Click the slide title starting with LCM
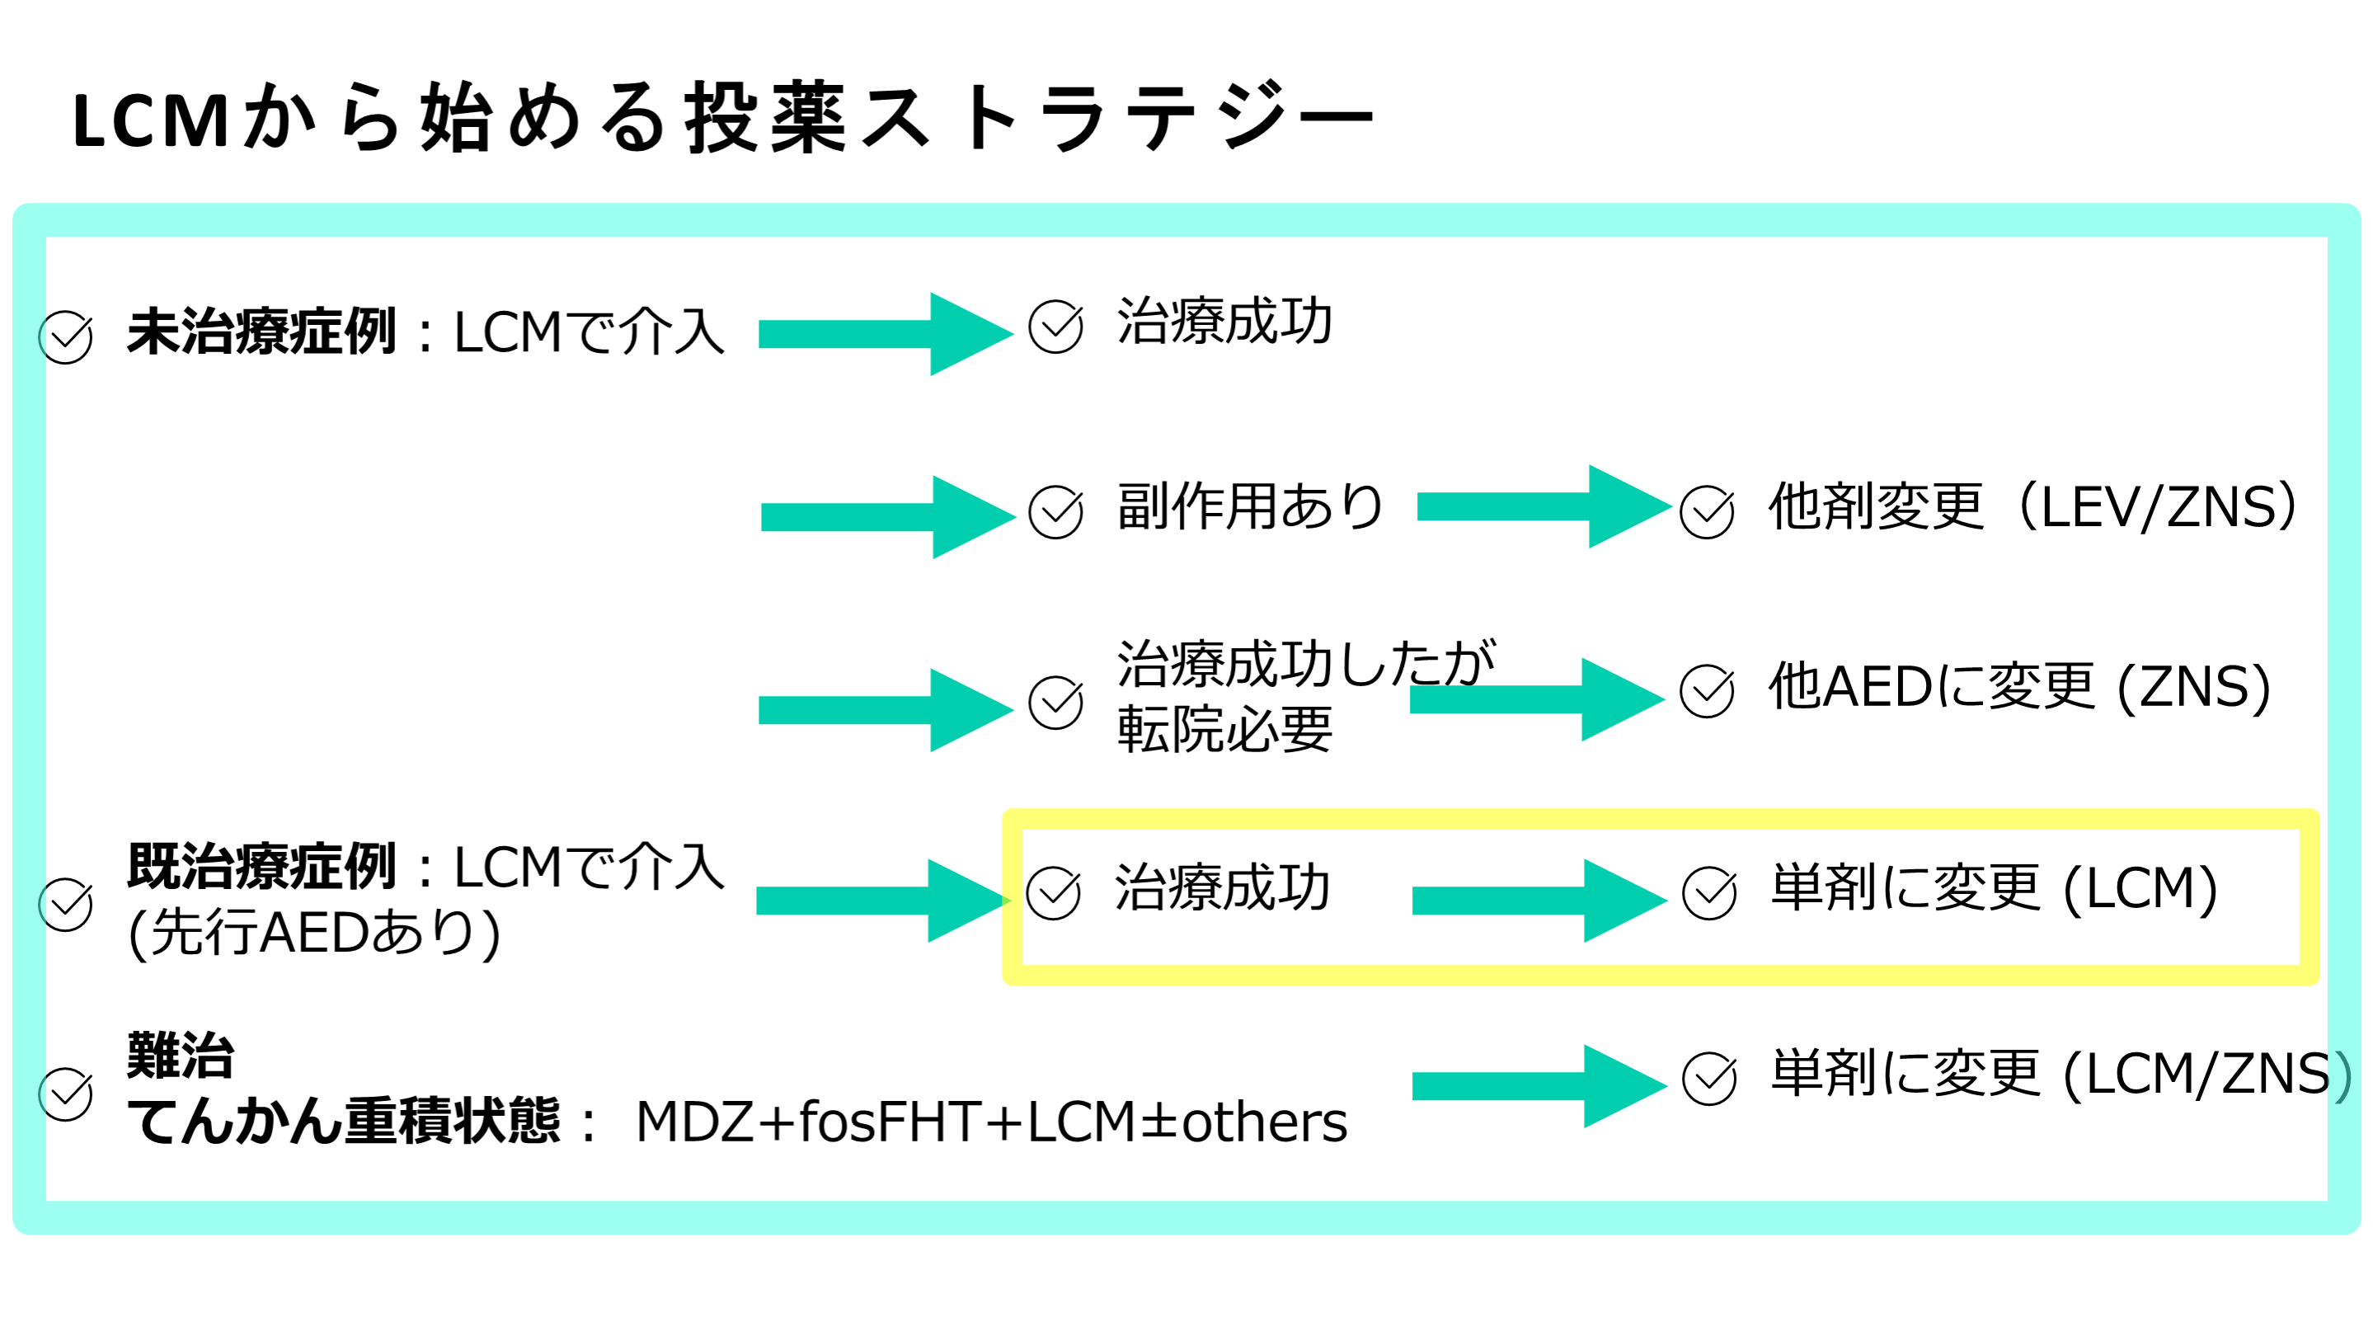pos(723,118)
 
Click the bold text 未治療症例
pos(261,332)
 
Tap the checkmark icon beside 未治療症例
pos(65,337)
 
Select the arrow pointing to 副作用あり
pos(887,517)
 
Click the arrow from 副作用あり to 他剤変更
pos(1543,506)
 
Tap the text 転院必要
pos(1224,730)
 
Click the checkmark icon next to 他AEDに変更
pos(1706,691)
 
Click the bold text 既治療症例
pos(261,867)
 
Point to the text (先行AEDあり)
pos(314,934)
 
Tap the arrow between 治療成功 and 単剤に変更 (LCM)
pos(1539,901)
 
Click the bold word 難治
pos(181,1055)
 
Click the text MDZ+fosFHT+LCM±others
pos(991,1122)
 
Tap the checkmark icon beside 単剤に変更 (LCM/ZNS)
pos(1708,1079)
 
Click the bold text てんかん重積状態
pos(343,1122)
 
